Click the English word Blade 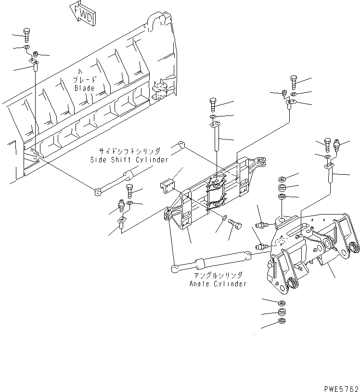[x=85, y=89]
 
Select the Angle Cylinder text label [x=218, y=284]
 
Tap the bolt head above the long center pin [x=213, y=102]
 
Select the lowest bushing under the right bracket [x=282, y=321]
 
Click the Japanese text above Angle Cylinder [x=218, y=275]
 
